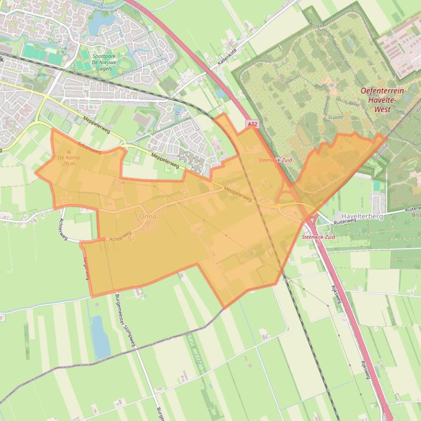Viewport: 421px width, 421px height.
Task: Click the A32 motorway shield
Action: click(x=252, y=125)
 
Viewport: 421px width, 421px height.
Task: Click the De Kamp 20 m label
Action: click(x=68, y=160)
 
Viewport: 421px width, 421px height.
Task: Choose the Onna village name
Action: click(x=148, y=217)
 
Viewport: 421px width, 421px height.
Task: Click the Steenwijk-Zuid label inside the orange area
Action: click(x=275, y=160)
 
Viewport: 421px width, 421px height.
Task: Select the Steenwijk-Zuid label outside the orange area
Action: click(x=318, y=237)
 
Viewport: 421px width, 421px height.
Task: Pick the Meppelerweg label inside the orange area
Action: click(x=237, y=194)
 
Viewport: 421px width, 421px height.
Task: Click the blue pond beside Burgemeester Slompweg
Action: click(x=100, y=336)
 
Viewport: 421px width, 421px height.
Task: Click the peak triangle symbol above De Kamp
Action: click(x=68, y=151)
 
